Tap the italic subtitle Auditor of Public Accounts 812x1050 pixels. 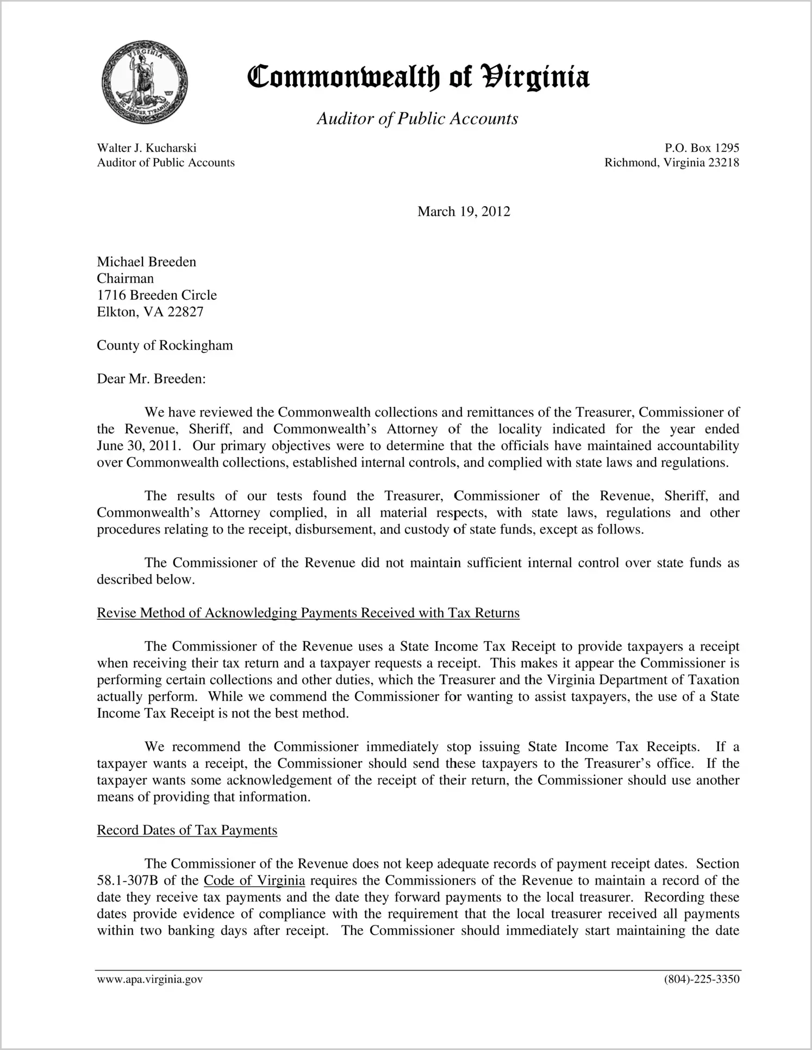(417, 119)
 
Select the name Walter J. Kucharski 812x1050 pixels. (147, 148)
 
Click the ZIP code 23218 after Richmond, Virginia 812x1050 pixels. (723, 163)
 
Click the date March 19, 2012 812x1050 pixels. (464, 212)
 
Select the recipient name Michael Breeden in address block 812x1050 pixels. (146, 262)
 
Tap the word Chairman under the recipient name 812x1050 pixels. (125, 278)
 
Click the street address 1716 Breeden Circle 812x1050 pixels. (157, 295)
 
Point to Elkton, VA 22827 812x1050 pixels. (150, 312)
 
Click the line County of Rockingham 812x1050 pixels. (165, 345)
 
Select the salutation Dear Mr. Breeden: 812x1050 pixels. (151, 378)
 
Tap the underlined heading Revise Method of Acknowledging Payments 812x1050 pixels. (308, 613)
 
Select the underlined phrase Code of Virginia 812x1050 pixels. (254, 880)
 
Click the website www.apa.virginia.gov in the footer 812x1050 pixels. (149, 979)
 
